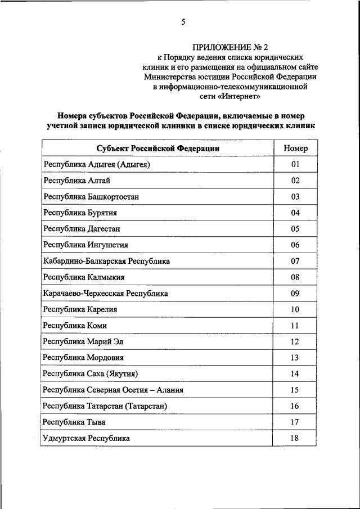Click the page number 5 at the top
pos(183,22)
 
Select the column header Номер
pos(295,148)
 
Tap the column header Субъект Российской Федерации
pos(157,148)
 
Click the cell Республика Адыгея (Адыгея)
pos(97,164)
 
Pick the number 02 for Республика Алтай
pos(295,181)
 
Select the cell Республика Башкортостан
pos(91,197)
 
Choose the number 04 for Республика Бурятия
pos(295,213)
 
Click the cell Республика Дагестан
pos(82,229)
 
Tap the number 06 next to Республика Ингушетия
pos(295,245)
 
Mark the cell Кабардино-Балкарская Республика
pos(106,261)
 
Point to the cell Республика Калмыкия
pos(84,277)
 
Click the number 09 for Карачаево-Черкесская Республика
pos(295,293)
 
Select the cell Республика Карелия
pos(80,309)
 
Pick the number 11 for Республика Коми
pos(295,326)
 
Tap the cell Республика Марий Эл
pos(83,341)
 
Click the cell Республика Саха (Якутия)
pos(91,373)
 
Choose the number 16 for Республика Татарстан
pos(295,406)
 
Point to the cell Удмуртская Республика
pos(86,438)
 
